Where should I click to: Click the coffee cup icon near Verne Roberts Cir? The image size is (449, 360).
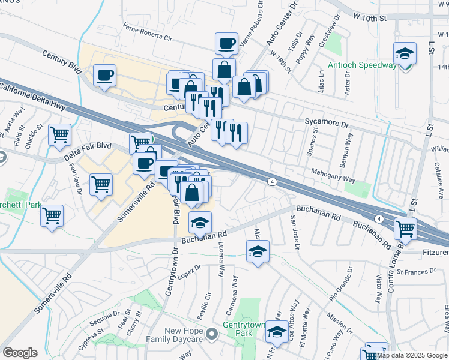click(226, 43)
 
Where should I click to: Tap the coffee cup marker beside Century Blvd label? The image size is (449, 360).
click(104, 76)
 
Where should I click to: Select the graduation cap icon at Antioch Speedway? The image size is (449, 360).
click(405, 54)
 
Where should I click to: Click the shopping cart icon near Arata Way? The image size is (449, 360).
click(59, 135)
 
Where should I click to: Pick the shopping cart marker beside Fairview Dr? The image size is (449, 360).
click(101, 184)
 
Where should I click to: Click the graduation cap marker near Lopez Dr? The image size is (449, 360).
click(258, 251)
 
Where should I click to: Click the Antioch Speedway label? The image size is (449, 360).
click(362, 65)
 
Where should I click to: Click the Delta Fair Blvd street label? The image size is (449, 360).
click(88, 153)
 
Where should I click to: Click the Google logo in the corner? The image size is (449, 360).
click(20, 352)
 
